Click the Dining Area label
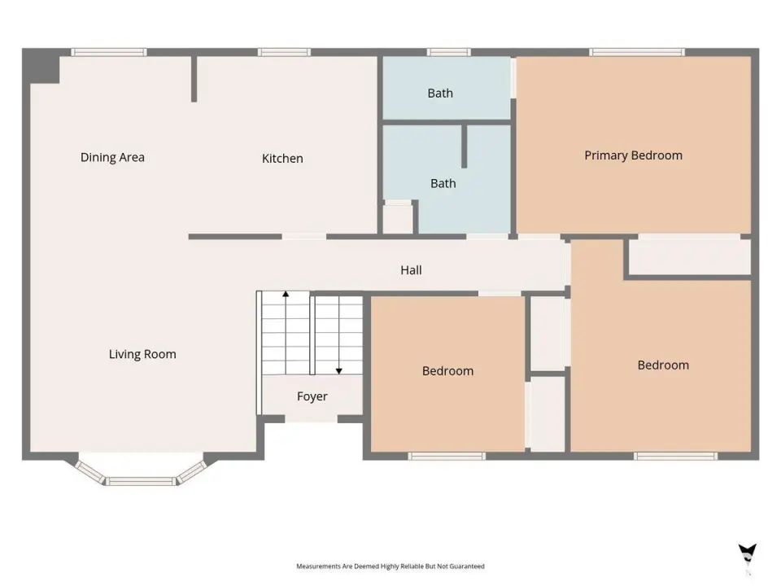(112, 157)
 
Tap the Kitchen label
(282, 159)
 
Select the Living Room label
(142, 354)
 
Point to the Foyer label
(312, 396)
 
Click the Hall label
(412, 270)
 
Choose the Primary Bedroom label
(634, 155)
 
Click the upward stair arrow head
(286, 294)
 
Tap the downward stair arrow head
(339, 371)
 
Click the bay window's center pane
(142, 481)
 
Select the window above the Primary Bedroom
(637, 52)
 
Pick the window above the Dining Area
(109, 52)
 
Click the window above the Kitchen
(285, 52)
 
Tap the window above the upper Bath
(449, 52)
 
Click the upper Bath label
(440, 93)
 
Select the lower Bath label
(443, 183)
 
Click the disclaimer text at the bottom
(390, 566)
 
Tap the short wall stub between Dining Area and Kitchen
(194, 79)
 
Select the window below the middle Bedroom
(447, 456)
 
